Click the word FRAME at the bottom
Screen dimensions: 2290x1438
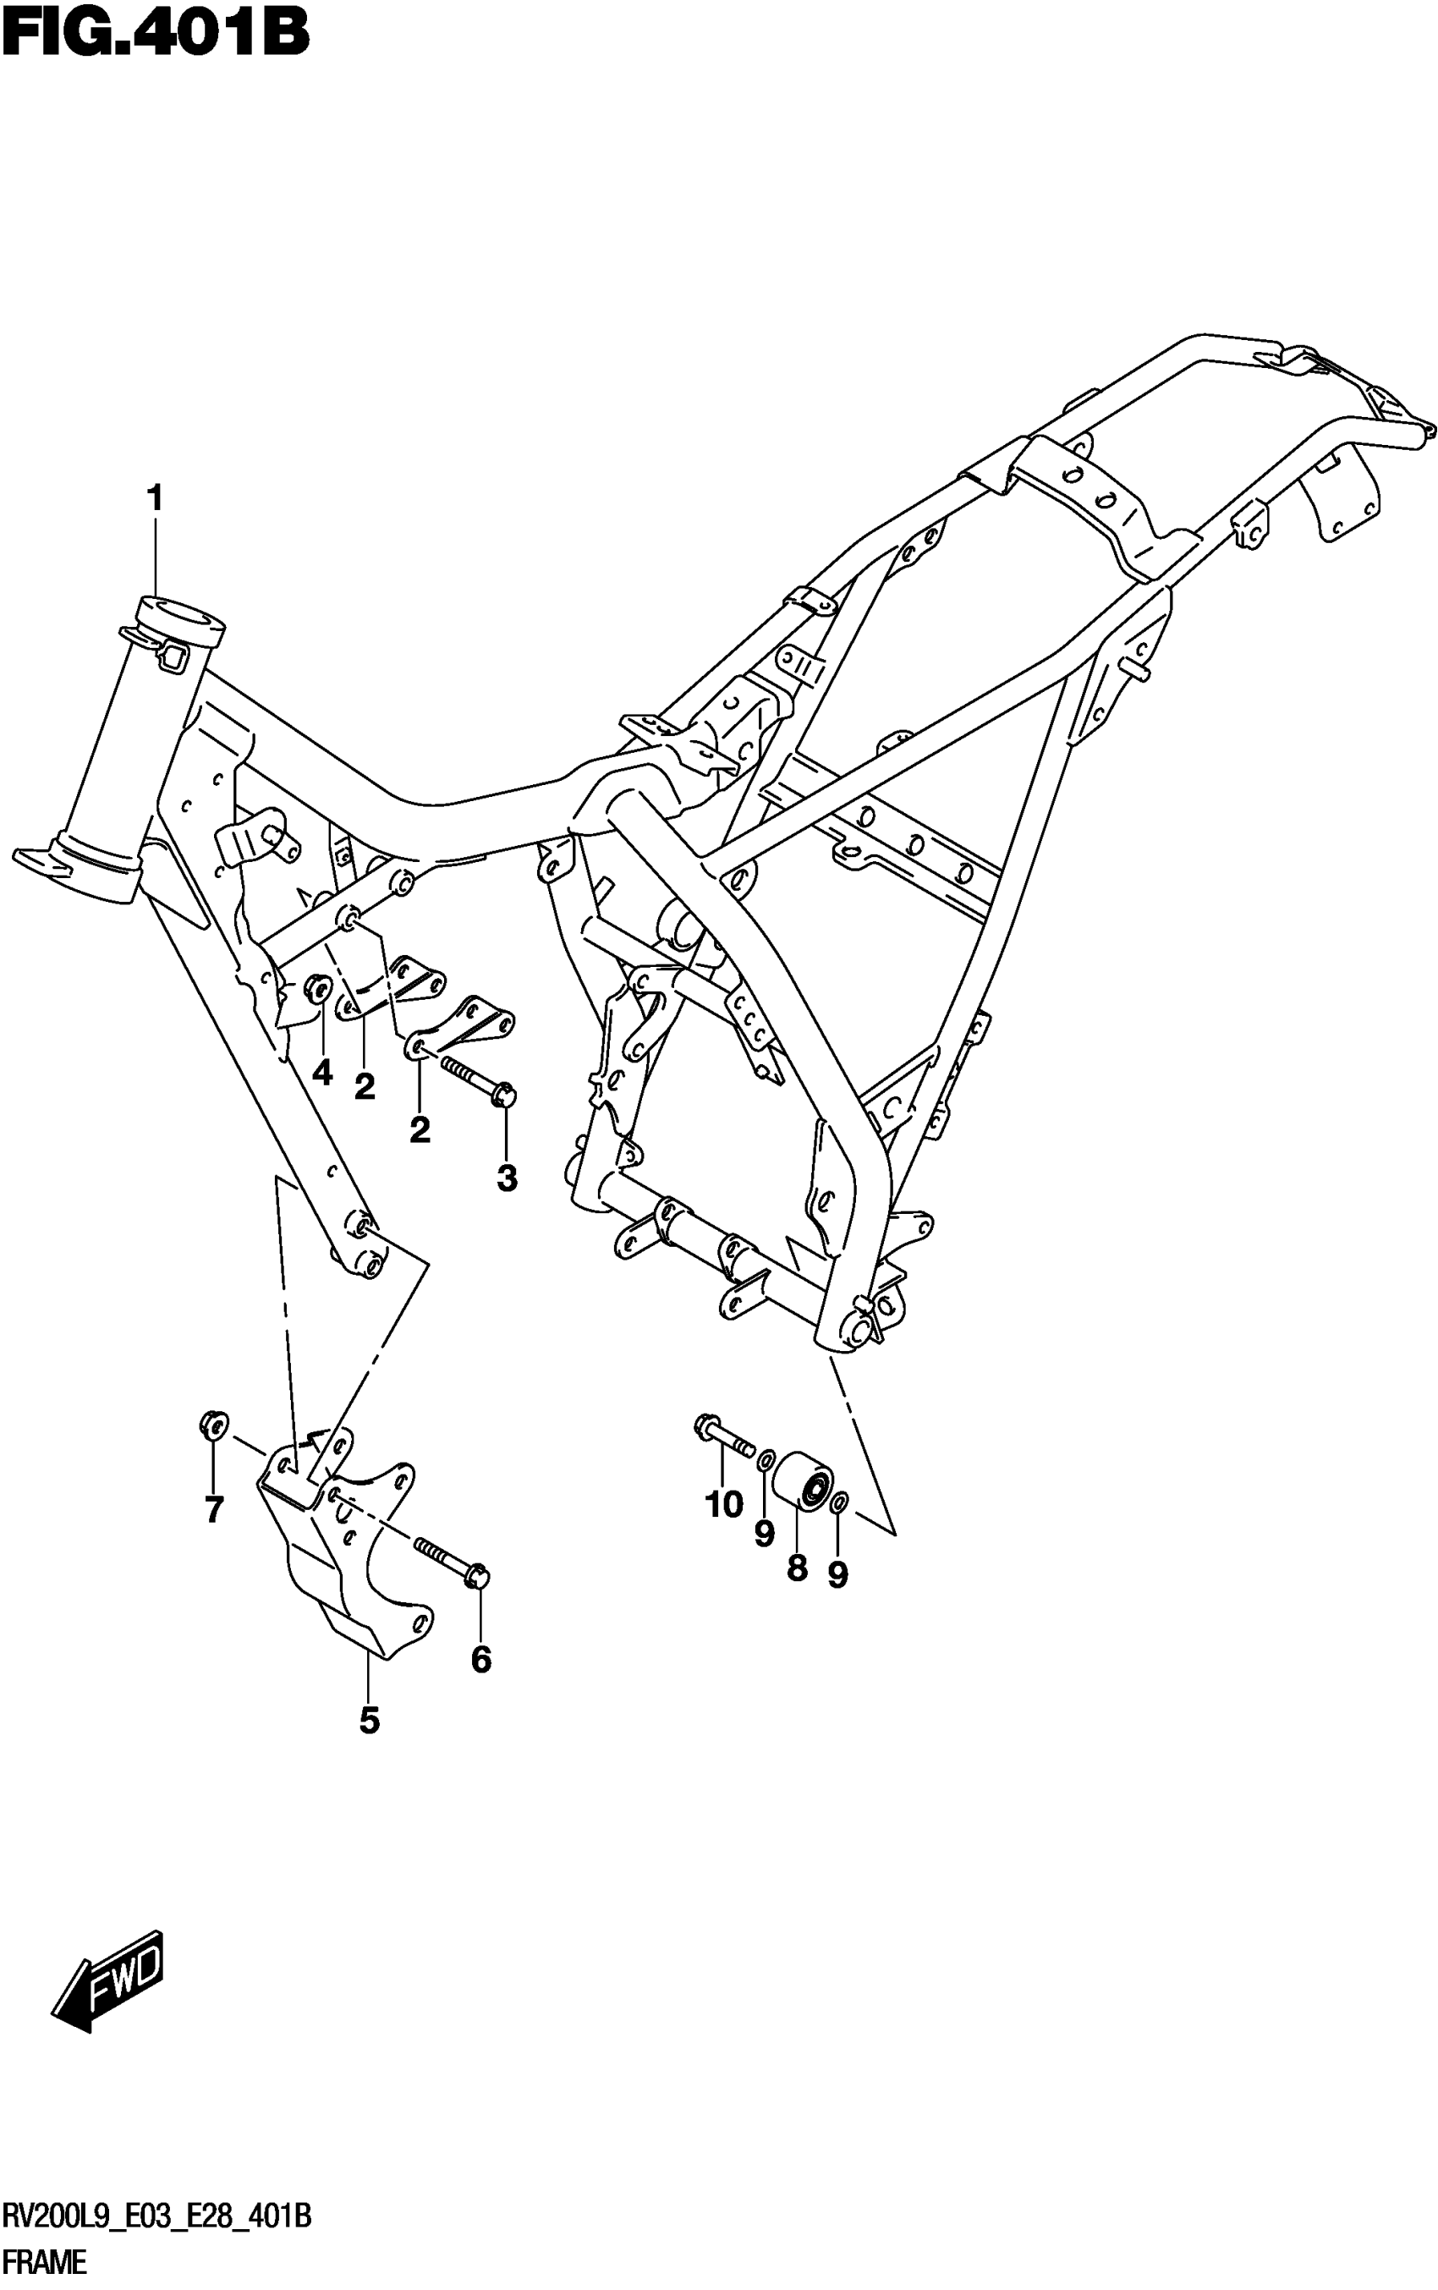point(45,2261)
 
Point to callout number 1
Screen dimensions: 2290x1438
point(154,497)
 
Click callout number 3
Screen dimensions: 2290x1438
point(507,1178)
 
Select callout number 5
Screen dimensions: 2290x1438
point(369,1721)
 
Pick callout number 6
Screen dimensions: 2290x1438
point(481,1660)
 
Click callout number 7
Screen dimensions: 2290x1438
point(214,1509)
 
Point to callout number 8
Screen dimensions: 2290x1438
point(797,1568)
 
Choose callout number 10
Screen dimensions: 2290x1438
point(724,1504)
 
